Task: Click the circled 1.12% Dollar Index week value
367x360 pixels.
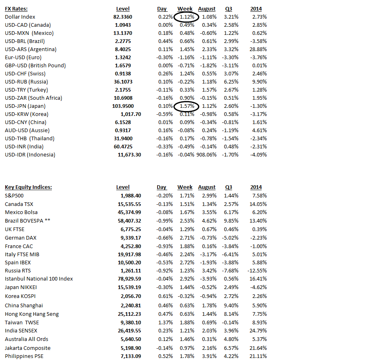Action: pyautogui.click(x=186, y=17)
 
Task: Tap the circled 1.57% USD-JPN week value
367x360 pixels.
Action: pyautogui.click(x=186, y=106)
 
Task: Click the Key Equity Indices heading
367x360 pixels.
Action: pyautogui.click(x=28, y=187)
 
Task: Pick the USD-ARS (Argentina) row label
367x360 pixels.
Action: pyautogui.click(x=31, y=49)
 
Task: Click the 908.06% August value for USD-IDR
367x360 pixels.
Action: pyautogui.click(x=207, y=155)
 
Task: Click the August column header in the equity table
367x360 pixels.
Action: pyautogui.click(x=207, y=187)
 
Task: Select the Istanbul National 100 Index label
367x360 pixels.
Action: pyautogui.click(x=39, y=279)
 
